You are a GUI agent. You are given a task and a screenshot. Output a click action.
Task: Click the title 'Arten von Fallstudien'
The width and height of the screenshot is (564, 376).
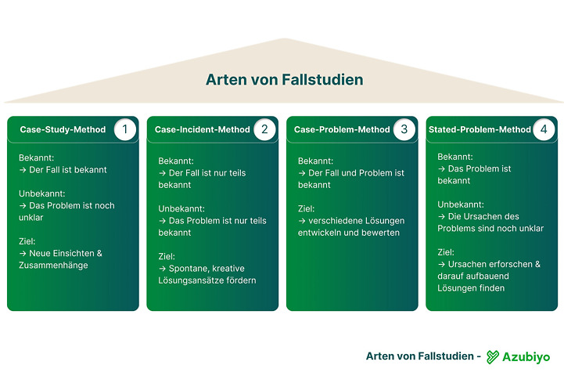coord(284,80)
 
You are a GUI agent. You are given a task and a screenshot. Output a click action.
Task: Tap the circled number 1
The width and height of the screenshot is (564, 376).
coord(124,129)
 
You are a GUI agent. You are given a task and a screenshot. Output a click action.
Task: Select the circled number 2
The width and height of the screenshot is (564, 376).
coord(264,129)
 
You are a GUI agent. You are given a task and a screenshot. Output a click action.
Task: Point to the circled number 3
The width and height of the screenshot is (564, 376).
coord(404,129)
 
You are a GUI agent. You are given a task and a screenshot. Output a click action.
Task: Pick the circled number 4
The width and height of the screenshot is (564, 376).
coord(544,129)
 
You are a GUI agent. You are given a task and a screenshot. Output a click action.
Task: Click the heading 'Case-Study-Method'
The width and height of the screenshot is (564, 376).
coord(63,129)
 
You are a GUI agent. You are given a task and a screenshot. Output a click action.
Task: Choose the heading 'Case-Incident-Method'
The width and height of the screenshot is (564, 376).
coord(202,129)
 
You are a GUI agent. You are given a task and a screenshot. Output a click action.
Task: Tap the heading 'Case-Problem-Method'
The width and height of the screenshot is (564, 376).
coord(342,129)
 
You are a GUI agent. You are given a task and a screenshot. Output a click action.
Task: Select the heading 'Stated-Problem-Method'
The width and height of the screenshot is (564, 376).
coord(480,129)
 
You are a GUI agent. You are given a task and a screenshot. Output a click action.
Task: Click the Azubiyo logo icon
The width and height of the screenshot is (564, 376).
coord(493,356)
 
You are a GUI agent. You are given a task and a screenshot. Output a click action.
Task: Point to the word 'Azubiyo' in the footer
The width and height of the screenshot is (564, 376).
coord(526,356)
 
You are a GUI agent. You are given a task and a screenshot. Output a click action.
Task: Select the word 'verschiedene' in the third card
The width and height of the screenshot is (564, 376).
coord(336,220)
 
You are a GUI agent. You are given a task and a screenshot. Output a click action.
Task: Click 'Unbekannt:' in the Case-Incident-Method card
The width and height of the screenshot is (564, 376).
coord(181,208)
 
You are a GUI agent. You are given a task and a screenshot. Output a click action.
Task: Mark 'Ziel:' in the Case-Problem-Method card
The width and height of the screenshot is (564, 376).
coord(307,208)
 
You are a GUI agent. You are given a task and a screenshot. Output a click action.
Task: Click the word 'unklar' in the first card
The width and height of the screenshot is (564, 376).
coord(32,218)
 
